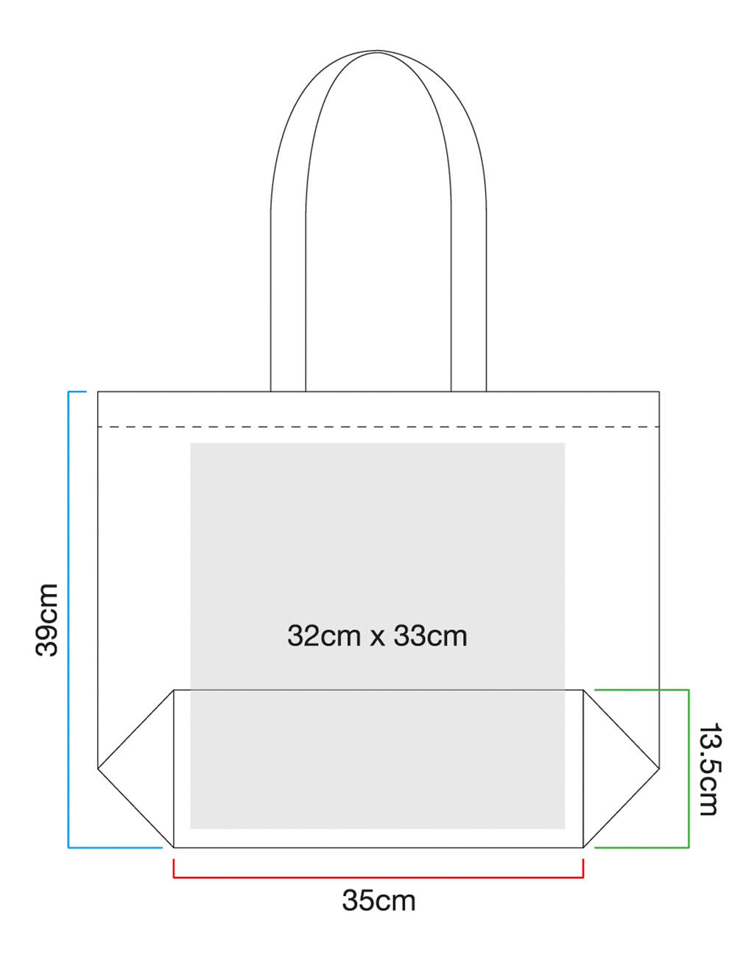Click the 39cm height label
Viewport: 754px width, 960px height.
tap(47, 619)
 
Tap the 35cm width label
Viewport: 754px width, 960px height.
tap(378, 900)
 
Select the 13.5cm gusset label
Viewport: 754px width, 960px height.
tap(708, 769)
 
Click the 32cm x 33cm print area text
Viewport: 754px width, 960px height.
tap(377, 635)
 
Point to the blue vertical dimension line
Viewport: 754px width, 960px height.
tap(68, 619)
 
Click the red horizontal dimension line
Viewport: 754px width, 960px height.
tap(378, 878)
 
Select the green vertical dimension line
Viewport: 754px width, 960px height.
tap(688, 769)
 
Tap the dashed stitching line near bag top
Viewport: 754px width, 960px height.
tap(378, 426)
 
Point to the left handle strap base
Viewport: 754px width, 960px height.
tap(288, 383)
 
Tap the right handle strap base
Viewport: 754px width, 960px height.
tap(468, 383)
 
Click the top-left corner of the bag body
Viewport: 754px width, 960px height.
tap(98, 392)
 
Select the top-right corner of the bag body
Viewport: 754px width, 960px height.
tap(659, 392)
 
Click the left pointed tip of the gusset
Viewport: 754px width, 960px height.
tap(99, 769)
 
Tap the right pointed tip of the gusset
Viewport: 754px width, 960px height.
tap(658, 769)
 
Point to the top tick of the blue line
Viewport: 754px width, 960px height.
tap(77, 392)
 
